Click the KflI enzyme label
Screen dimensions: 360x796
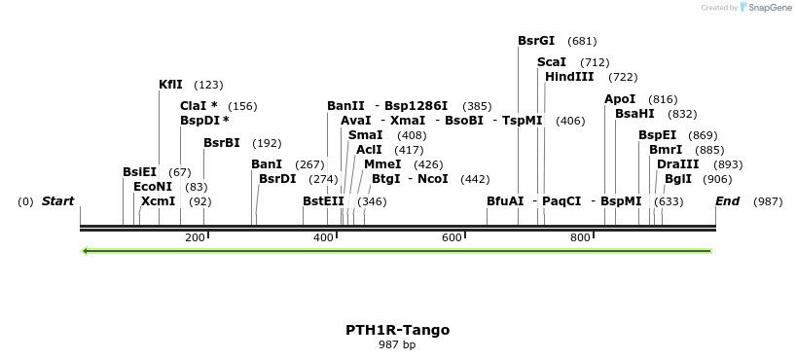[170, 85]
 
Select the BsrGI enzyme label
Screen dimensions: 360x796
[536, 41]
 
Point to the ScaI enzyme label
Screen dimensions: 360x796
[551, 62]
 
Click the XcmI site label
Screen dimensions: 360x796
[158, 201]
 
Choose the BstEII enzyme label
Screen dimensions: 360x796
[323, 201]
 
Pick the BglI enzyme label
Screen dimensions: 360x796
[678, 179]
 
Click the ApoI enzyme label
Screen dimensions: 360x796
[620, 99]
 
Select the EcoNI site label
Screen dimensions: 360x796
[153, 187]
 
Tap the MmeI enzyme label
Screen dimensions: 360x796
[382, 164]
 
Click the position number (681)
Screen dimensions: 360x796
[582, 41]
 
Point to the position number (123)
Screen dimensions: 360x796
[208, 85]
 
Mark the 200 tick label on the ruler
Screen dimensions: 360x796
[195, 237]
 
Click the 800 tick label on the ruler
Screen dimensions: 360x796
[581, 237]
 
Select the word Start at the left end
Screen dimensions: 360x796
[57, 201]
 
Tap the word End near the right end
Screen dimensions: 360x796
[727, 201]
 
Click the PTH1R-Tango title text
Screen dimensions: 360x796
[397, 330]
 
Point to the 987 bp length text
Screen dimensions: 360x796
[397, 344]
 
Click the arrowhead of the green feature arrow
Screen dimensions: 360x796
[87, 251]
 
